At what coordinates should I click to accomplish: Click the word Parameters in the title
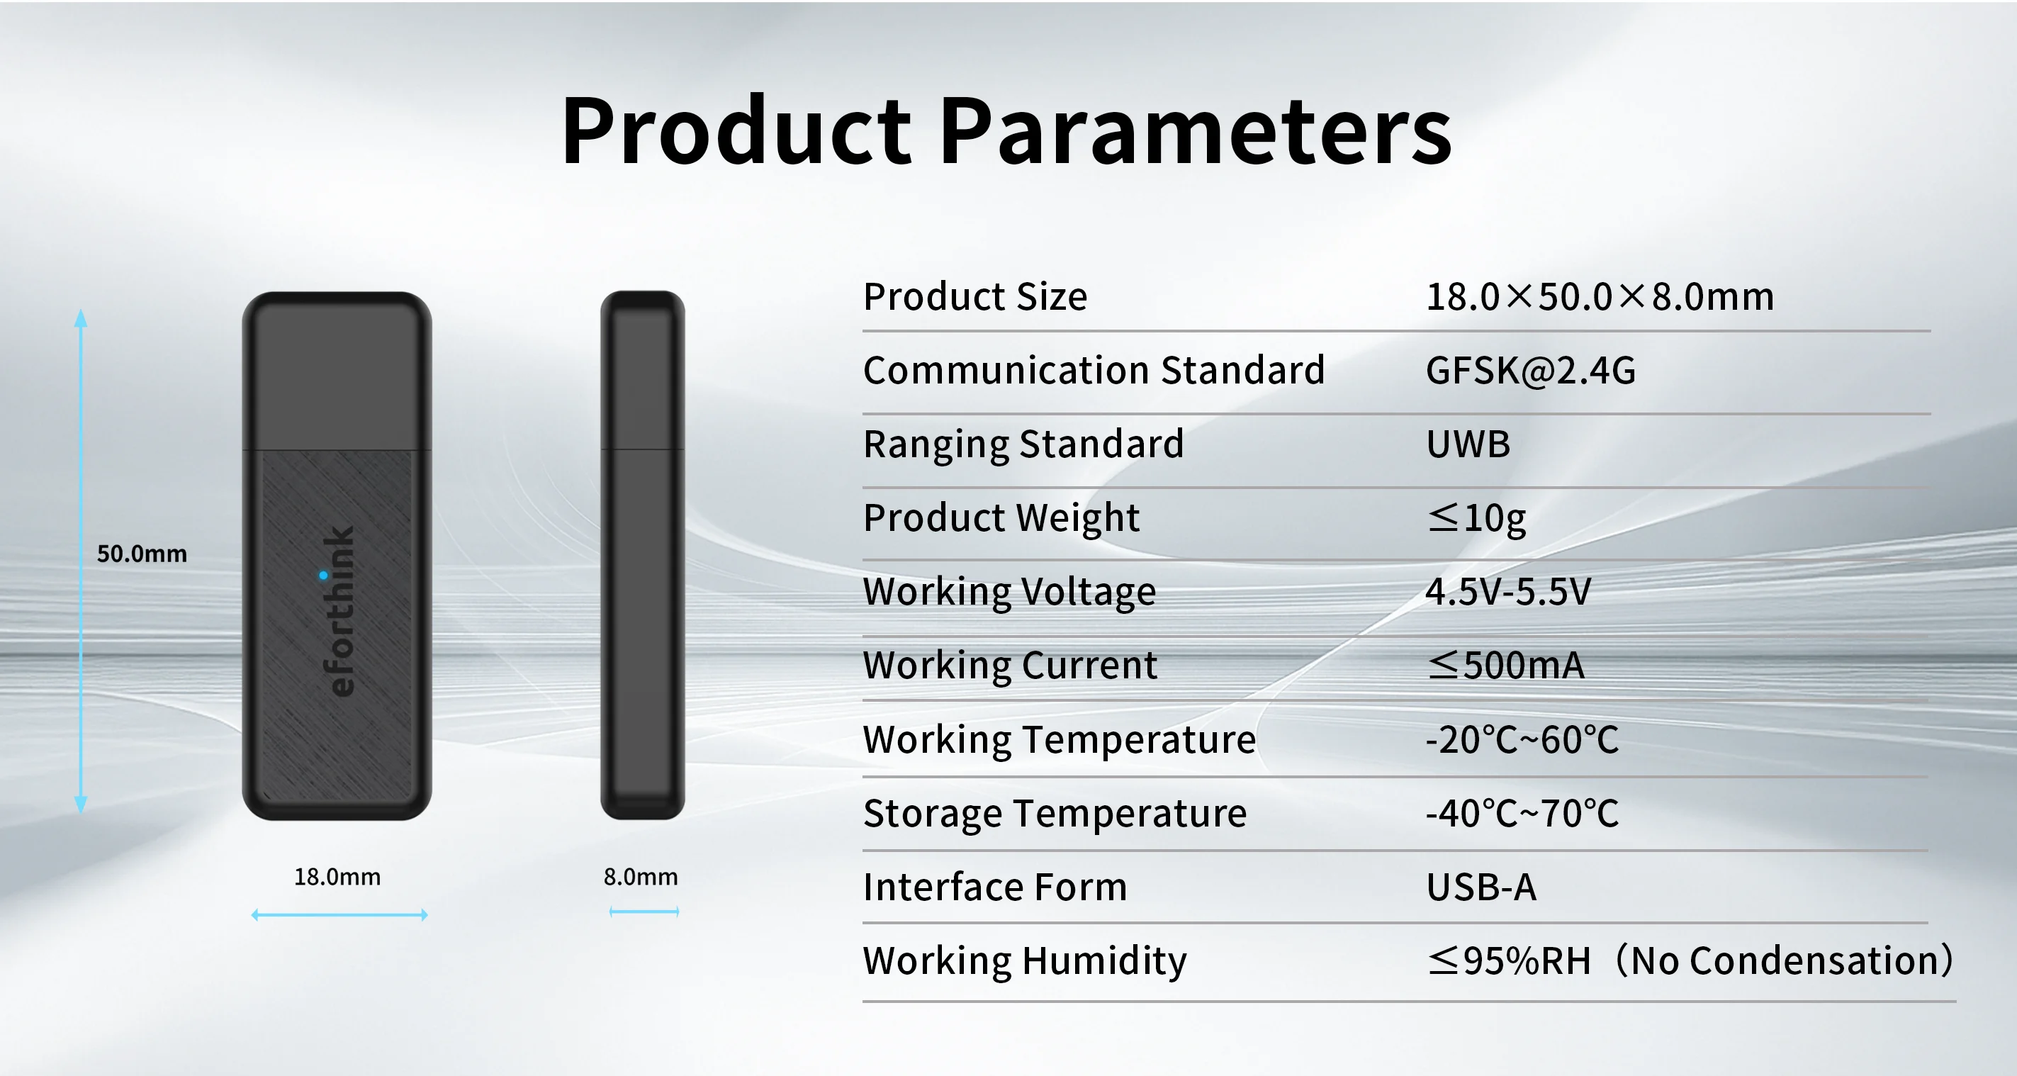1195,129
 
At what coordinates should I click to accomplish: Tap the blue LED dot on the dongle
323,576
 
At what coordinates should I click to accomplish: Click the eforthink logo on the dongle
339,611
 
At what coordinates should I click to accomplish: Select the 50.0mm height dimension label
142,554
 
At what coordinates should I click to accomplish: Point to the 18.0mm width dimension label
337,876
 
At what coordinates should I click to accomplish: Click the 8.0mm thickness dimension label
641,876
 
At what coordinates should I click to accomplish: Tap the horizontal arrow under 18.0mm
339,914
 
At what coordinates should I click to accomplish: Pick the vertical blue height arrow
81,561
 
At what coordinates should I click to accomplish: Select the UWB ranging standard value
1468,444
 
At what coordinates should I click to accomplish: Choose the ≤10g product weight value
1477,518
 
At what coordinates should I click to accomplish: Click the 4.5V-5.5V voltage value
1508,591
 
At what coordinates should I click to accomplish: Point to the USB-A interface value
1481,887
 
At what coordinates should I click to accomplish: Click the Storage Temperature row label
1055,813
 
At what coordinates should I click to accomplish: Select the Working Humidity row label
1025,961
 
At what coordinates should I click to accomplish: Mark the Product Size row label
976,296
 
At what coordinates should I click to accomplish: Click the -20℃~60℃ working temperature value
1522,739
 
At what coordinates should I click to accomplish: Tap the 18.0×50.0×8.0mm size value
1600,297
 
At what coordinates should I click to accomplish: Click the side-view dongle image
643,555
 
